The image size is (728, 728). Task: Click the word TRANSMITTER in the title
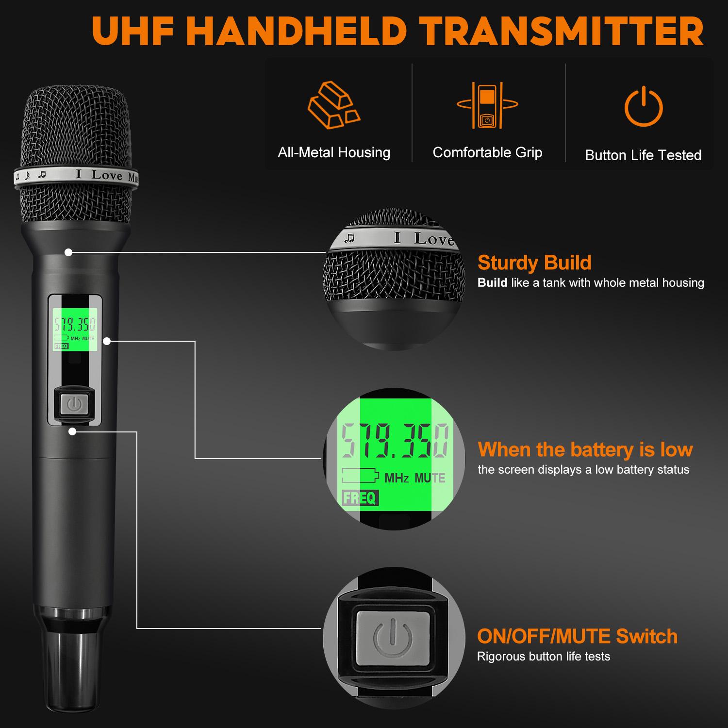[x=563, y=32]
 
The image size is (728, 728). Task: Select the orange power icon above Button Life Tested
[x=643, y=106]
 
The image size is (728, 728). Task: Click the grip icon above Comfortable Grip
[x=487, y=105]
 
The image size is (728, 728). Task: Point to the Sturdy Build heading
[x=534, y=263]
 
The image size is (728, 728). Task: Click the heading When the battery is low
[x=585, y=449]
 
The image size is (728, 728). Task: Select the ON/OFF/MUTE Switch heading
[x=577, y=636]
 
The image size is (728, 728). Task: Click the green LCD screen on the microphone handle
[x=75, y=330]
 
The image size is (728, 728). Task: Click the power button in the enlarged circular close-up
[x=393, y=637]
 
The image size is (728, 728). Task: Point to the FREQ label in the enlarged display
[x=360, y=498]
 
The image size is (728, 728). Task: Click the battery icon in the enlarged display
[x=360, y=476]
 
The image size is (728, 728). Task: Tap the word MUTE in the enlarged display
[x=430, y=478]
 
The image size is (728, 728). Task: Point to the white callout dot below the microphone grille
[x=68, y=252]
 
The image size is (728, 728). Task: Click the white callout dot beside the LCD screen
[x=107, y=341]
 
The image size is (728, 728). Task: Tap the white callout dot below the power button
[x=72, y=431]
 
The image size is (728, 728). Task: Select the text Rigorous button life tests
[x=543, y=657]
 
